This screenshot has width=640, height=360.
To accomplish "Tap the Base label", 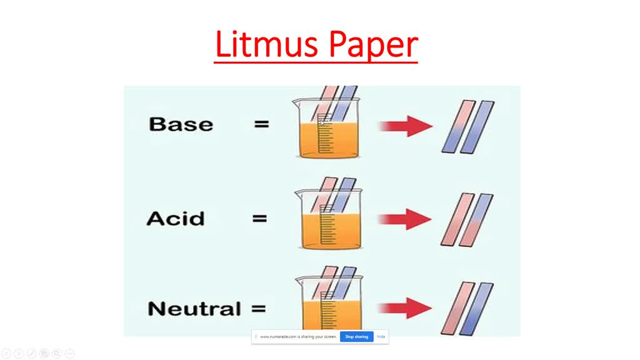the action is tap(181, 124).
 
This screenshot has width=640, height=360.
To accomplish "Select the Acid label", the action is tap(175, 219).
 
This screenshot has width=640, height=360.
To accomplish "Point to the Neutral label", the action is tap(194, 308).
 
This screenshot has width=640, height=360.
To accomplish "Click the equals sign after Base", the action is tap(262, 124).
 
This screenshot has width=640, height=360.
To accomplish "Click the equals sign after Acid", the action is tap(259, 219).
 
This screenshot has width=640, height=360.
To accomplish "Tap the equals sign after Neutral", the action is tap(258, 308).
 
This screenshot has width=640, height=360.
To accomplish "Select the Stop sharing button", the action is tap(357, 336).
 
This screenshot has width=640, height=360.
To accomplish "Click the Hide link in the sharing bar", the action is tap(381, 336).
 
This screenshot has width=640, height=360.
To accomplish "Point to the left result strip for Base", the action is tap(459, 126).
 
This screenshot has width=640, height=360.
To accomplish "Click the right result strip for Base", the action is tap(477, 126).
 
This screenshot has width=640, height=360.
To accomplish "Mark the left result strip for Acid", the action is tap(457, 219).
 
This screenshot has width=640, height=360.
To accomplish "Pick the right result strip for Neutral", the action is tap(476, 309).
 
